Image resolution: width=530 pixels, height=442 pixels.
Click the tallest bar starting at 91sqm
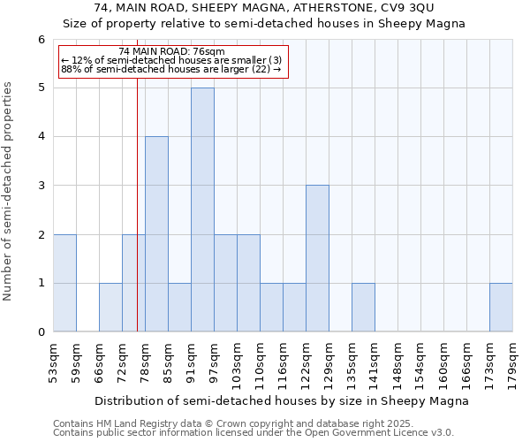point(202,210)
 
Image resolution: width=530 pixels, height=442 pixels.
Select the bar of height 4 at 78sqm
point(156,234)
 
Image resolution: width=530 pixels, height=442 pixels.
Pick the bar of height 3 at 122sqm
point(317,258)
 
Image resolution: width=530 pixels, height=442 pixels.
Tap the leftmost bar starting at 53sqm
point(64,283)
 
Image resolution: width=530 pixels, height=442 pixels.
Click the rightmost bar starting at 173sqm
point(501,308)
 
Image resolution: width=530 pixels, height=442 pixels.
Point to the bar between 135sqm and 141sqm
point(363,308)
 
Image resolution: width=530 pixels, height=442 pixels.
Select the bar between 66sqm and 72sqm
point(110,308)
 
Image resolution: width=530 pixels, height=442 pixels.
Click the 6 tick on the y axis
point(41,40)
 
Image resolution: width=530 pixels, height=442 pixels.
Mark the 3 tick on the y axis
point(41,186)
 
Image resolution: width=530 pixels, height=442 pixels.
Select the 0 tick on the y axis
point(41,332)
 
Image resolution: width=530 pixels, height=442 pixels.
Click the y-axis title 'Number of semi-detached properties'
point(10,192)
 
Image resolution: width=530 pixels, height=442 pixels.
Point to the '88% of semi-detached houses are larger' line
point(171,69)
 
